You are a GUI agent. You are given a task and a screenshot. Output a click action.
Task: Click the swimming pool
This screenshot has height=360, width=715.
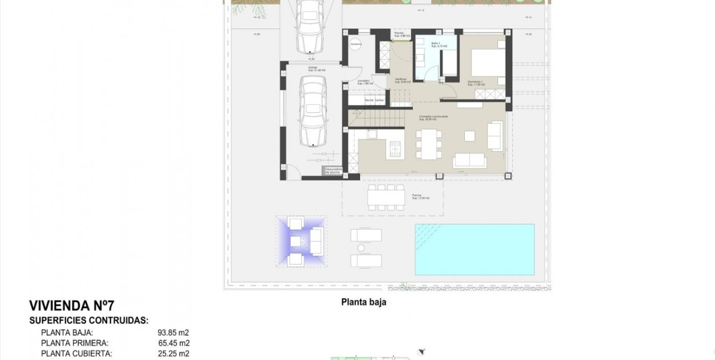coord(475,249)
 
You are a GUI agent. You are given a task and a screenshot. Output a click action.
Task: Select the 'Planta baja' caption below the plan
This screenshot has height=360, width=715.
coord(363,302)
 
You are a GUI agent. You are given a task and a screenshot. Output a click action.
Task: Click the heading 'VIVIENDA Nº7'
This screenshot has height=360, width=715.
coord(71,306)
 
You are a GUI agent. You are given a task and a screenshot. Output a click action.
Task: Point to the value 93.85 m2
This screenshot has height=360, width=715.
coord(173,333)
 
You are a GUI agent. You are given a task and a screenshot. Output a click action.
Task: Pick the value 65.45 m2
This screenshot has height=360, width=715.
coord(173,343)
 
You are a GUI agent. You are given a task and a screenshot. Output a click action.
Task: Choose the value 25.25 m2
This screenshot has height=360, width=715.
coord(173,353)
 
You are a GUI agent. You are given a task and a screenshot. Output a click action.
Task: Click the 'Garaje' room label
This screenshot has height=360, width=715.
coord(316,69)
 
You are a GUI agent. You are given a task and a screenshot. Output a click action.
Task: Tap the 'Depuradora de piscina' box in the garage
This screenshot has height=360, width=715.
coord(333,171)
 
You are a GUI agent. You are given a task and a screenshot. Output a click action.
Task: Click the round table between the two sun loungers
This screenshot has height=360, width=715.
coord(362,248)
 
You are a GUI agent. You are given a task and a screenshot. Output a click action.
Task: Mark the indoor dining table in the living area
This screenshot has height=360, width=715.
coord(429,143)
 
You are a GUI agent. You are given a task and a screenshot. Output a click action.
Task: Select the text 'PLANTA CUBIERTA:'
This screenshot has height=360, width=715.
coord(76,353)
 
